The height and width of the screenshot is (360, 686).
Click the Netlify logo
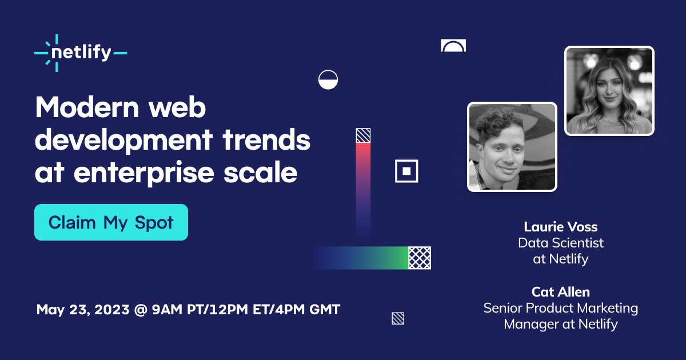81,53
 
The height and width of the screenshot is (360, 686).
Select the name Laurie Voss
560,227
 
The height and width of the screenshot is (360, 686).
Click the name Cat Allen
560,292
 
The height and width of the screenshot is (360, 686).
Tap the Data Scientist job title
560,243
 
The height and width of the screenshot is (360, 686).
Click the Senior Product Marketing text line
560,308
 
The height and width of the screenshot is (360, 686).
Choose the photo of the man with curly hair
512,147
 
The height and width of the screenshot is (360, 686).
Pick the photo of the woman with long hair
609,91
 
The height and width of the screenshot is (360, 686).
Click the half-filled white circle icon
328,79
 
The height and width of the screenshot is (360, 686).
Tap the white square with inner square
406,171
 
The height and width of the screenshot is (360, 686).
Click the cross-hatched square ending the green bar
420,258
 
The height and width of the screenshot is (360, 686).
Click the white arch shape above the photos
453,46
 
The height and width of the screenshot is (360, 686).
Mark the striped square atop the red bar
363,135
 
